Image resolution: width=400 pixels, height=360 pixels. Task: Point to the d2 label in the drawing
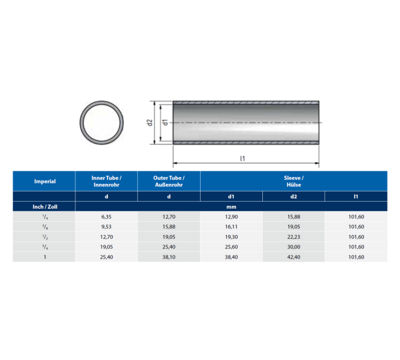(149, 123)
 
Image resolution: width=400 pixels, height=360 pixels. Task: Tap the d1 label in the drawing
(165, 123)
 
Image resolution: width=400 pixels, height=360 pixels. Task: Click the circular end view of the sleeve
(102, 123)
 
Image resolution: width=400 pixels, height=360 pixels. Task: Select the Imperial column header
(45, 181)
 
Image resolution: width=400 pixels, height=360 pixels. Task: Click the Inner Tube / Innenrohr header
(106, 181)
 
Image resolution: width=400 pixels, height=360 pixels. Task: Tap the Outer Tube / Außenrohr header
(169, 181)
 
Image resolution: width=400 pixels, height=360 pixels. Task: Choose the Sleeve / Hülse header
(294, 181)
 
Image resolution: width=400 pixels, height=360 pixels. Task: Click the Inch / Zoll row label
(45, 206)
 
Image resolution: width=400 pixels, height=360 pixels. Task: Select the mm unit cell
(231, 206)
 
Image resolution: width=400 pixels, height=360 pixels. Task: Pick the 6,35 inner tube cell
(106, 217)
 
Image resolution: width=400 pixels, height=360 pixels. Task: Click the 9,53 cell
(106, 226)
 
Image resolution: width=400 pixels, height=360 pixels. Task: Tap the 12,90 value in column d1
(231, 217)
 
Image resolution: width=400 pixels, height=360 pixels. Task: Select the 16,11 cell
(231, 226)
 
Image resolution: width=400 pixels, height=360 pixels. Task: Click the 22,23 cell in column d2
(294, 237)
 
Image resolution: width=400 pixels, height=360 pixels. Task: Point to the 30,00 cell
(294, 247)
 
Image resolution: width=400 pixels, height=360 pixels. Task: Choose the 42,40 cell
(294, 257)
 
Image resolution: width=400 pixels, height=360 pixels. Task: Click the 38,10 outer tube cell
(169, 257)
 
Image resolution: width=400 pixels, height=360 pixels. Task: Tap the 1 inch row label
(45, 257)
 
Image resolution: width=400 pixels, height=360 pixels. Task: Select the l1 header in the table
(355, 196)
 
